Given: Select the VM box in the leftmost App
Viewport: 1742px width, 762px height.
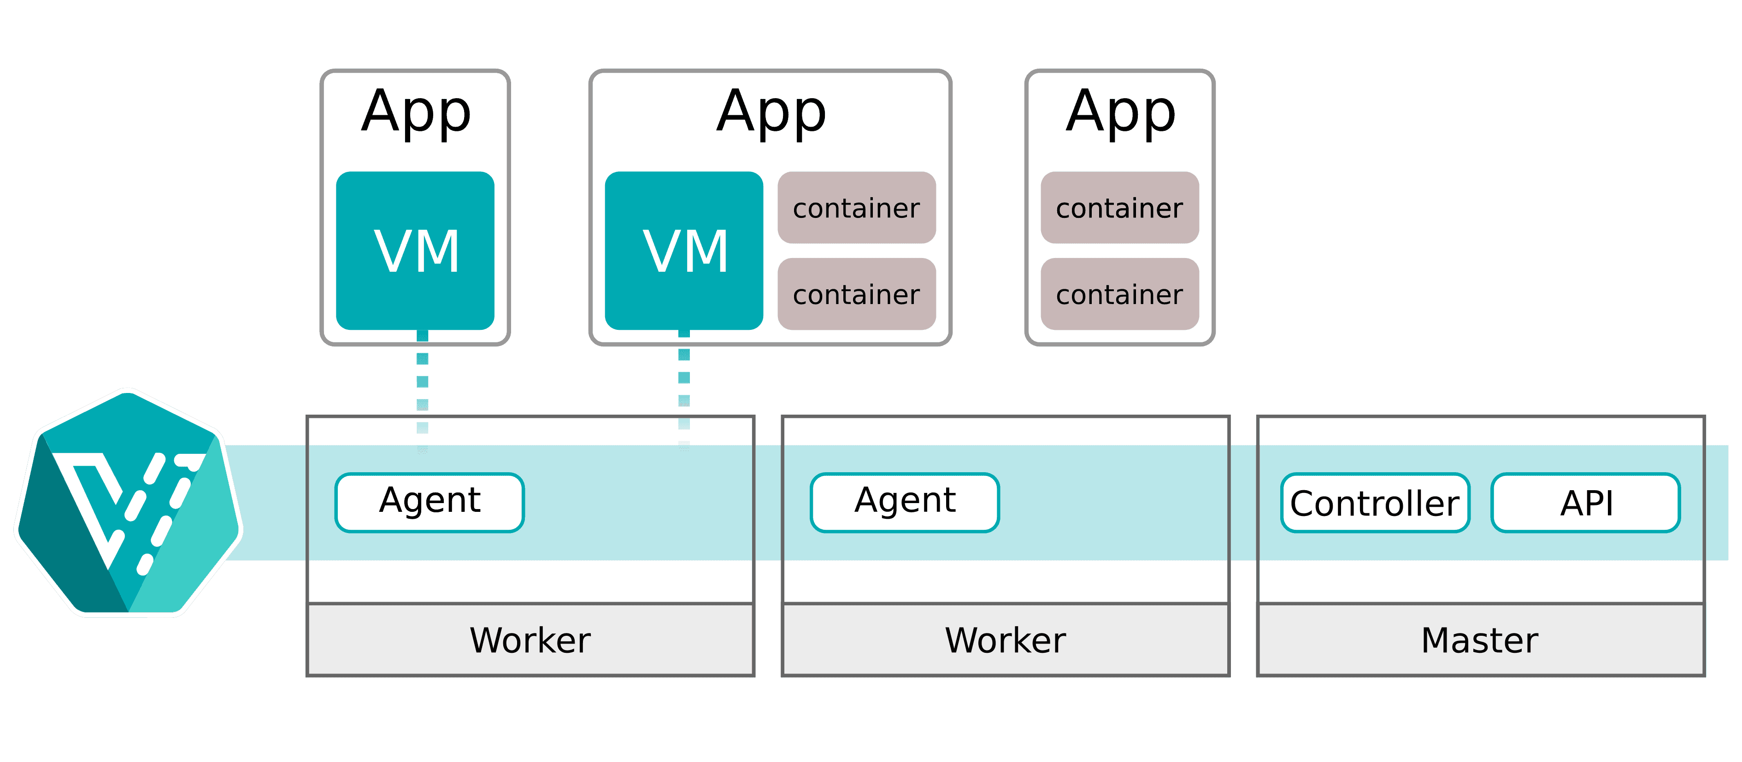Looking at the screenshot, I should pos(415,251).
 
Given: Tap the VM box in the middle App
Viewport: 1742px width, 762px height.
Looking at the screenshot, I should pos(684,251).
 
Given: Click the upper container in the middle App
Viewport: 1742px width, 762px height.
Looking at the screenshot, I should pos(856,208).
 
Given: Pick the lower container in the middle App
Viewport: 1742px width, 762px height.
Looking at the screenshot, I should pos(856,294).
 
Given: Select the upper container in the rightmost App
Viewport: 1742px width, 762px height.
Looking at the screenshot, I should pos(1119,208).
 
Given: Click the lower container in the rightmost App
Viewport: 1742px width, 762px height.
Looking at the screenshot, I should pos(1119,294).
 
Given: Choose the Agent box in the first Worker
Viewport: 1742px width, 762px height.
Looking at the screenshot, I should pos(430,502).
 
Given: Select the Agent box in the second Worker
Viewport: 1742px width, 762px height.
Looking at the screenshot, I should pos(904,502).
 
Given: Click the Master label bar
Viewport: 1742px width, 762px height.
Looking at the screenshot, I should pos(1480,639).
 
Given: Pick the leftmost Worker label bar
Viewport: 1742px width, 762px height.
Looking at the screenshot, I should pos(530,639).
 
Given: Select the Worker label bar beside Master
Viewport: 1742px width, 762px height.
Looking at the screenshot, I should pos(1005,639).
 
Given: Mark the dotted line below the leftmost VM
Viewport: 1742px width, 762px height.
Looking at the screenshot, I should pos(423,392).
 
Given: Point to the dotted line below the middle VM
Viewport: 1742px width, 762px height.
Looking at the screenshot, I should pos(684,389).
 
